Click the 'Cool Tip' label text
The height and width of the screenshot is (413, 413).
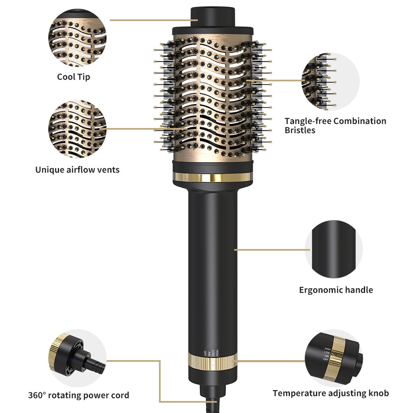[x=74, y=77]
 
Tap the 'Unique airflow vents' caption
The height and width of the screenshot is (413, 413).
[x=77, y=169]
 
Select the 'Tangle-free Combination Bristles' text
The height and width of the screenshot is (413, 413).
[x=335, y=126]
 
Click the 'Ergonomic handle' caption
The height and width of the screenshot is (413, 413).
[x=336, y=290]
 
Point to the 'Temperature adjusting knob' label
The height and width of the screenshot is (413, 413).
[x=330, y=393]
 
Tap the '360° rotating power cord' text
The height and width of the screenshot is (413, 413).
[x=78, y=395]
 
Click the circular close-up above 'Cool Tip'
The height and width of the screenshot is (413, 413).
[x=77, y=38]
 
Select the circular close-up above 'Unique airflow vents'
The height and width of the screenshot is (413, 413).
[x=77, y=129]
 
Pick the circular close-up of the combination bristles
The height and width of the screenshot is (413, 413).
[x=330, y=81]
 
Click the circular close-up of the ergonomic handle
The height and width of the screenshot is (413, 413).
[x=334, y=249]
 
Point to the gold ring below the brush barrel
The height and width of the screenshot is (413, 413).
[x=212, y=177]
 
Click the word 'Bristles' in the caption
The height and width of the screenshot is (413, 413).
[x=300, y=131]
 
